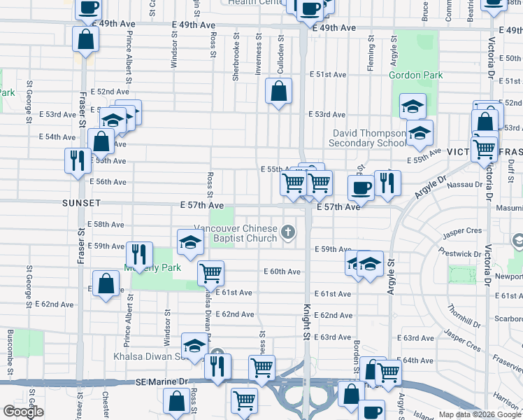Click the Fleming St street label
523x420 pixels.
pos(371,56)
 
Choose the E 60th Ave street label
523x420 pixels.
pos(282,272)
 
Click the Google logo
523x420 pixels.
pos(23,411)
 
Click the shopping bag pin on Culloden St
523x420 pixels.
pos(278,92)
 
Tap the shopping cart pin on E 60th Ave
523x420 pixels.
pos(210,272)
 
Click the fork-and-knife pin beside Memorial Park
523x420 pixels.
pos(138,255)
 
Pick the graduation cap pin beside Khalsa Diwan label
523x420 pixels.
pos(194,345)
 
